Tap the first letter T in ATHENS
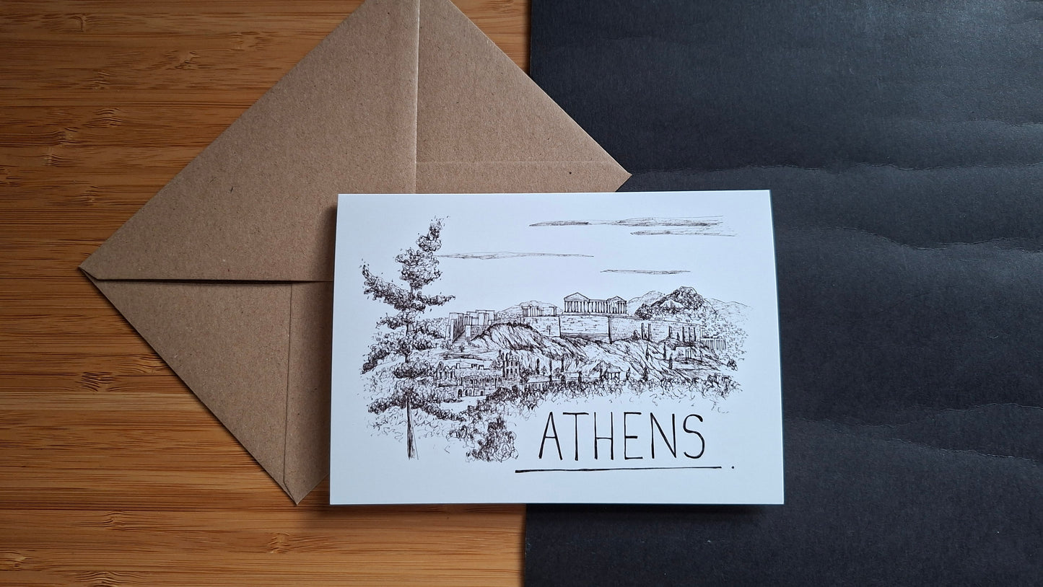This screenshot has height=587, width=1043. pos(582,437)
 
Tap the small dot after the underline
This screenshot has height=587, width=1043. pos(733,467)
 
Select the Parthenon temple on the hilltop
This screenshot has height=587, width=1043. pos(585,303)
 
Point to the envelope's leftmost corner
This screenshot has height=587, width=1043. pos(82,273)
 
